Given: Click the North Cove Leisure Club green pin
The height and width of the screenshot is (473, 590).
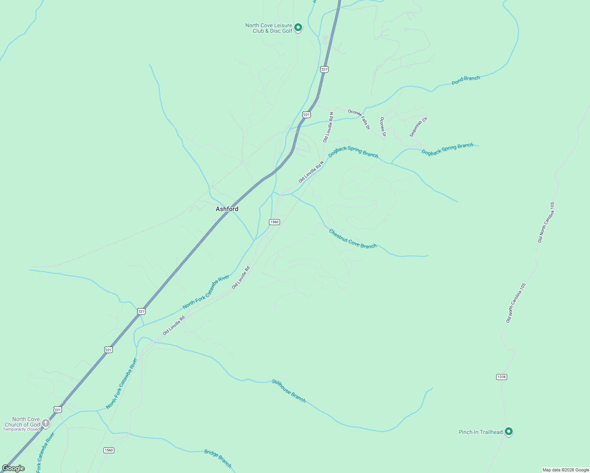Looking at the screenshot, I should [x=298, y=27].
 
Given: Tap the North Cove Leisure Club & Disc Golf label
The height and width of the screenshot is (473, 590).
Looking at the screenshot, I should [x=269, y=28].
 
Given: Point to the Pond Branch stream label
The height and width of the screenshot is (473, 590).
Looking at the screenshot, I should [x=466, y=80].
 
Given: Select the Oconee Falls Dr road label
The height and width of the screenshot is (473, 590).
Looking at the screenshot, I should [x=359, y=119].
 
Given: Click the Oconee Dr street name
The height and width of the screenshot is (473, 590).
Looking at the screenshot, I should [x=383, y=127].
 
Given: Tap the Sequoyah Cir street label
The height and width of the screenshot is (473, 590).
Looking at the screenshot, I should [x=418, y=127].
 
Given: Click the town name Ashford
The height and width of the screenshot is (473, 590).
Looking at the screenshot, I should [x=227, y=209].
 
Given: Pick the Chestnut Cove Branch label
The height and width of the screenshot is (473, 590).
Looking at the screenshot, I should [x=353, y=239].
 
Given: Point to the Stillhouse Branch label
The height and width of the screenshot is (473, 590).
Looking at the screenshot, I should [x=288, y=391].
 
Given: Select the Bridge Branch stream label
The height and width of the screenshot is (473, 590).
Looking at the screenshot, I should [x=218, y=458].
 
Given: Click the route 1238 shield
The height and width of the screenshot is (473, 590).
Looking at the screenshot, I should [x=501, y=377].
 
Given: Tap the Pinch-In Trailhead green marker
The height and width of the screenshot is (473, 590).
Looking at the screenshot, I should [x=509, y=431].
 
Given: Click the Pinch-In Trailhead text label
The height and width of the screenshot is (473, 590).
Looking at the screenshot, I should [x=480, y=432].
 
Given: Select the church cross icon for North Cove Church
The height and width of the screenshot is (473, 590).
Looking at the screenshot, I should [x=46, y=423].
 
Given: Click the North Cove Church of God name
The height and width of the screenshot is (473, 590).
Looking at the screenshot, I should [x=22, y=422].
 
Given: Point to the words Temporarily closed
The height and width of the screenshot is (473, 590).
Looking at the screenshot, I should [x=21, y=429].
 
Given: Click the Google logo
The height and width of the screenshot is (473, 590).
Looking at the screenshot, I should [x=13, y=468].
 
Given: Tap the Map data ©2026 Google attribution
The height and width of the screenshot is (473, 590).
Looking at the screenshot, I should [x=566, y=470].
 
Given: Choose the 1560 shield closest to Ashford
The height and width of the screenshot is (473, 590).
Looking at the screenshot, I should [x=274, y=222].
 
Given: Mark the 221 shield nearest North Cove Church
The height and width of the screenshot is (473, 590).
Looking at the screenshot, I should [x=58, y=410].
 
